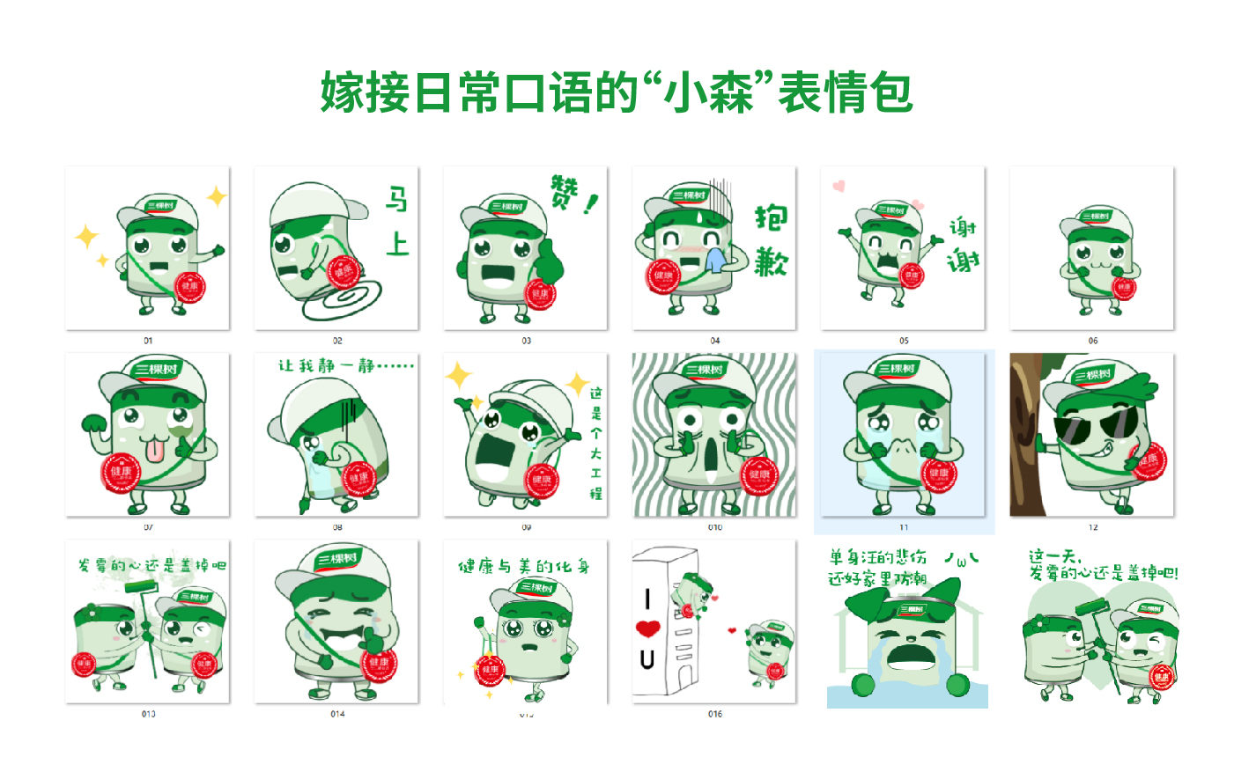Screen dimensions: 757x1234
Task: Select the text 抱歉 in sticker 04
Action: tap(771, 240)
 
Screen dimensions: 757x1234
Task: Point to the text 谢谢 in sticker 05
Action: tap(963, 245)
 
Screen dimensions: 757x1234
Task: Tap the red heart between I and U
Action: tap(648, 628)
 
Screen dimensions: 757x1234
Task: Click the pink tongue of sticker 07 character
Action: tap(155, 452)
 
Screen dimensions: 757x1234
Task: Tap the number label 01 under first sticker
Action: tap(148, 341)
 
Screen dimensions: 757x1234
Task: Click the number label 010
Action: tap(714, 527)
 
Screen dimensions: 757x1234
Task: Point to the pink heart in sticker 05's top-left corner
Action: tap(839, 186)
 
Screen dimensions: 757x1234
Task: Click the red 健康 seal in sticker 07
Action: tap(121, 474)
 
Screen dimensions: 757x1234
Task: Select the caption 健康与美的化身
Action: tap(524, 566)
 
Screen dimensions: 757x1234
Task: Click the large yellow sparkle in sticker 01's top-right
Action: tap(216, 197)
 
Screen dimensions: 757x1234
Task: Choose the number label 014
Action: tap(336, 714)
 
